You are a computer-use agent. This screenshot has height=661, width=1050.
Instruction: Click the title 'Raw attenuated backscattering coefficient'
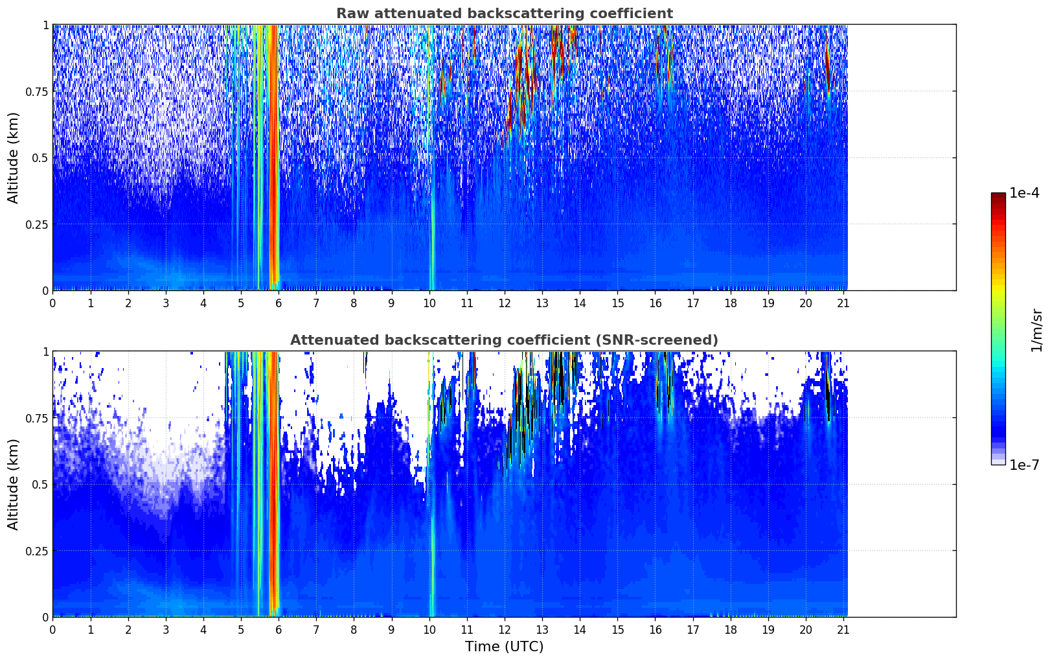point(504,14)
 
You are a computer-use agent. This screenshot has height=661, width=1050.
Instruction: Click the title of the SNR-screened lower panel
point(504,340)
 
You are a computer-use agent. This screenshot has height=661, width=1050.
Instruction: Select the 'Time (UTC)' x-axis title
point(504,647)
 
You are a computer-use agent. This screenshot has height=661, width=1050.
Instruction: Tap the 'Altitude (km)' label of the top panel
point(14,157)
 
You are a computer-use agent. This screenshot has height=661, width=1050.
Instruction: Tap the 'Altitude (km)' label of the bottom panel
point(14,484)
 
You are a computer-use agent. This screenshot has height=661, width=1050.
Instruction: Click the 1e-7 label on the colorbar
point(1024,465)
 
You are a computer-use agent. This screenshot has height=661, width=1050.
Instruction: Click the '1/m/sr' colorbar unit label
point(1036,329)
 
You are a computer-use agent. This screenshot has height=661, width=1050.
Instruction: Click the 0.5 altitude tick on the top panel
point(39,157)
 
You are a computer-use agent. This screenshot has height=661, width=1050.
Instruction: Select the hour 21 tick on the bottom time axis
point(843,630)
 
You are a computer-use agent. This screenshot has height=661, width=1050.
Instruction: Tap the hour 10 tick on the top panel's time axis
point(429,303)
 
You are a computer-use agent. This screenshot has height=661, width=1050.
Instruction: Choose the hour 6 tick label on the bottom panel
point(279,630)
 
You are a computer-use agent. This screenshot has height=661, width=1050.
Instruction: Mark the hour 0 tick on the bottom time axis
point(52,630)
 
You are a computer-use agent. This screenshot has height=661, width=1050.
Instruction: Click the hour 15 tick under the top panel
point(617,303)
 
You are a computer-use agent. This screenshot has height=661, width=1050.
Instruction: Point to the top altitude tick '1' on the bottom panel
point(45,351)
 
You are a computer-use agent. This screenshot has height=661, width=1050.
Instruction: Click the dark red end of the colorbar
point(998,197)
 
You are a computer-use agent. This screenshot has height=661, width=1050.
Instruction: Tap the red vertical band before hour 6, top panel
point(273,156)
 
